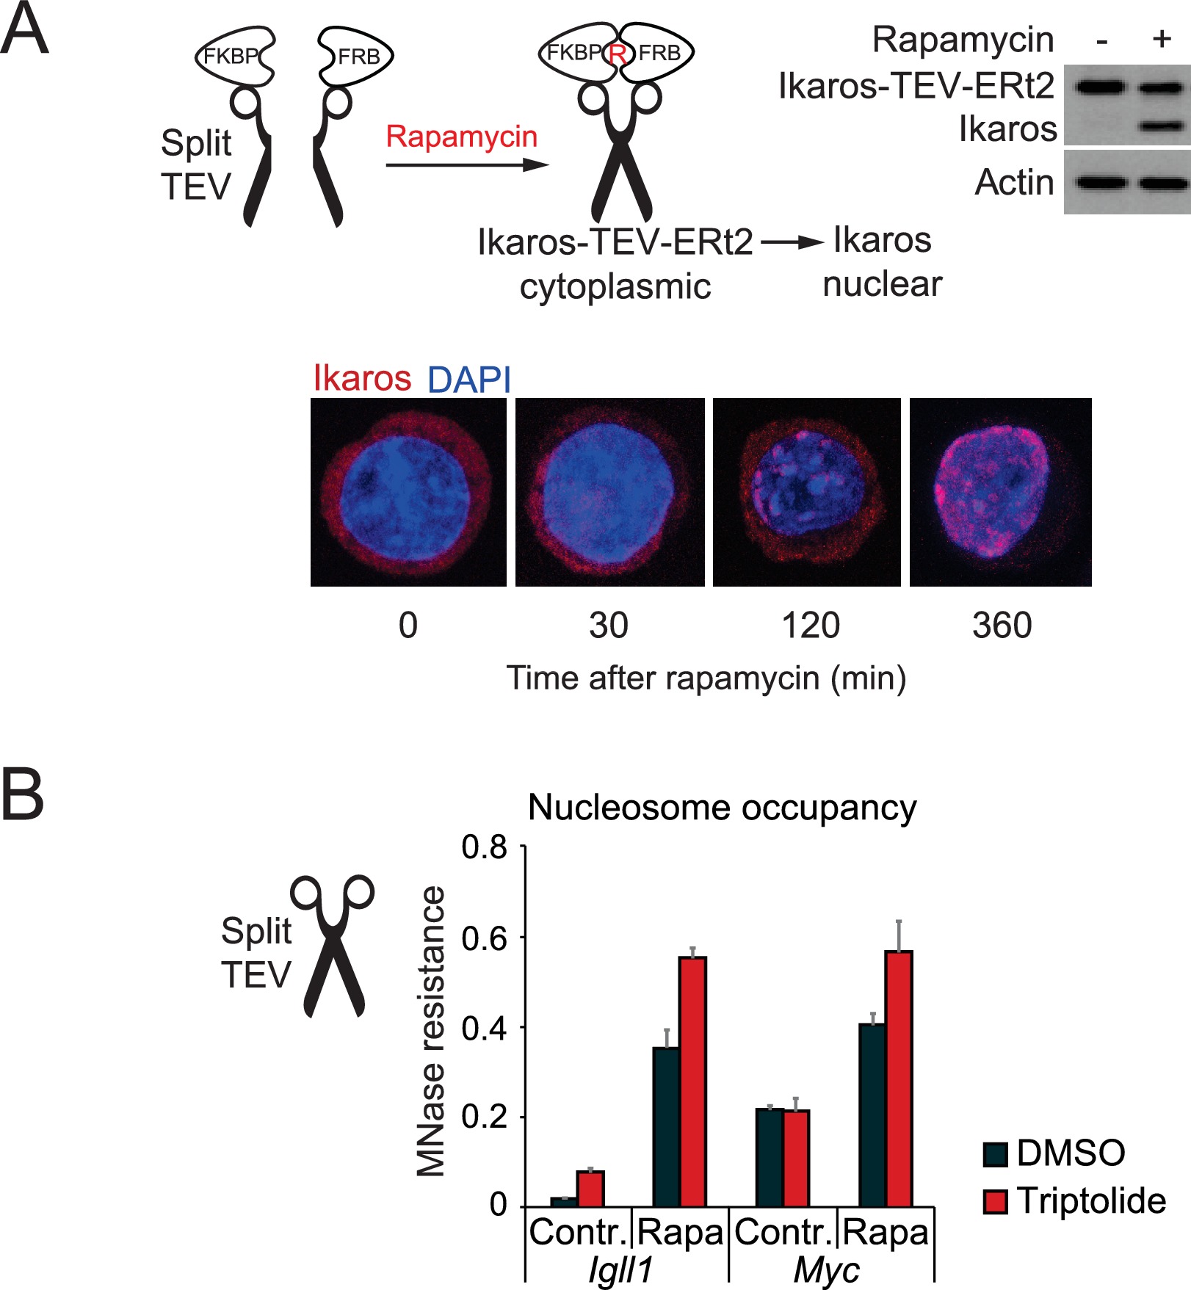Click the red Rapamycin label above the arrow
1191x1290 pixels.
coord(461,137)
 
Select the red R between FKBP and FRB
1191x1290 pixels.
coord(618,54)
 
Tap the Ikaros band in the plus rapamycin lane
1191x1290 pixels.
coord(1162,126)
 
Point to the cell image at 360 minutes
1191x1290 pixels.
coord(1000,492)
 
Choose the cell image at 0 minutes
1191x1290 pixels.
coord(408,492)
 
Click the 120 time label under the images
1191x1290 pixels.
coord(810,626)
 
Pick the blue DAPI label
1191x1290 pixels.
coord(468,380)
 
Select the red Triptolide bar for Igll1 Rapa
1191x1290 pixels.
coord(692,1082)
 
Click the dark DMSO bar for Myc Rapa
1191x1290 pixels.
coord(872,1115)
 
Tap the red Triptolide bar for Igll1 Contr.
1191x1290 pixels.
coord(590,1189)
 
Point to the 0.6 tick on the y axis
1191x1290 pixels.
coord(485,938)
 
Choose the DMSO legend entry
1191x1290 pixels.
coord(1054,1153)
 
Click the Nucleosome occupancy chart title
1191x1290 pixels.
coord(722,808)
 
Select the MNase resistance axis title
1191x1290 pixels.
coord(431,1031)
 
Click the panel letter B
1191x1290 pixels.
coord(22,794)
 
